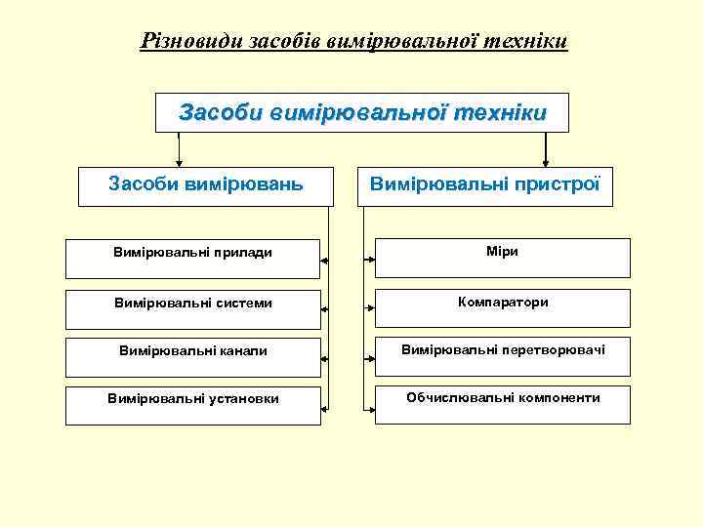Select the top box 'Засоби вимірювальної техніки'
click(362, 113)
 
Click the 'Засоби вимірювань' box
click(205, 183)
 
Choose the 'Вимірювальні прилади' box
click(192, 258)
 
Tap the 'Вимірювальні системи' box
click(192, 307)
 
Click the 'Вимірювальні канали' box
click(192, 355)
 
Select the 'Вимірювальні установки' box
click(192, 404)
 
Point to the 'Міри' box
click(502, 257)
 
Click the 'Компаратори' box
click(502, 306)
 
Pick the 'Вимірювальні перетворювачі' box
click(502, 354)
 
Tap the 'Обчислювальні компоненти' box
click(502, 403)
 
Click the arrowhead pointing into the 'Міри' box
click(372, 260)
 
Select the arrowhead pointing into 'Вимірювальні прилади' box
click(325, 261)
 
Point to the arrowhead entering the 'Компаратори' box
click(372, 308)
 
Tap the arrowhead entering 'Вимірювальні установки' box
click(325, 406)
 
